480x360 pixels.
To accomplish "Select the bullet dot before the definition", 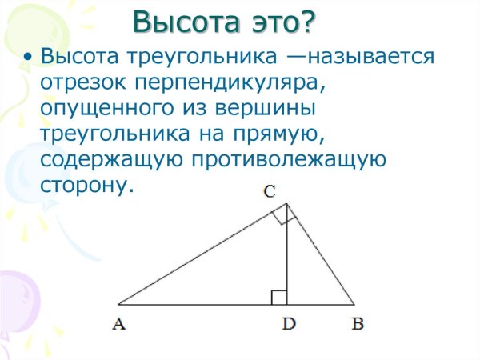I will click(29, 58).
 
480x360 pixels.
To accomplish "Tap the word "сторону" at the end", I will click(82, 186).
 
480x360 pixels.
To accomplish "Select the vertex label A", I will click(119, 324).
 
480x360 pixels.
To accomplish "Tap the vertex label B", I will click(358, 324).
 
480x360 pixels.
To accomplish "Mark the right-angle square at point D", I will click(279, 298).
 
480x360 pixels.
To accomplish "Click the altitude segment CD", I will click(287, 256).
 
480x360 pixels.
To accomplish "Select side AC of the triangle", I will click(200, 255).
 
